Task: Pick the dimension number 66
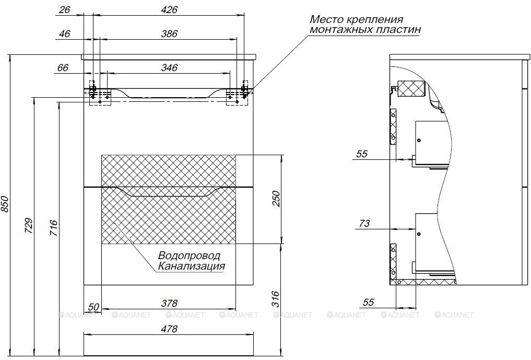pos(63,67)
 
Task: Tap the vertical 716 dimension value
pos(54,228)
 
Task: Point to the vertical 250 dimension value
pos(277,199)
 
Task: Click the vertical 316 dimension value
pos(277,299)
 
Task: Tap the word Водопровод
pos(189,256)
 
